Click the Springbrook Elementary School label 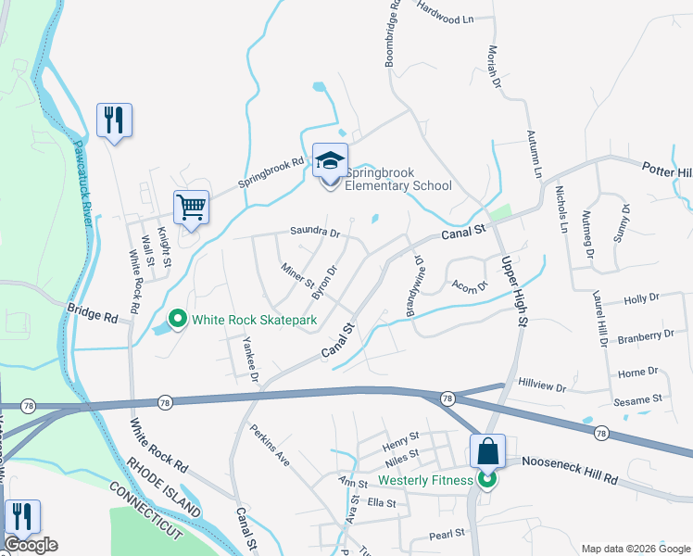(x=397, y=179)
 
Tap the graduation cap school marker (x=330, y=161)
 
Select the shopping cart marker (x=191, y=207)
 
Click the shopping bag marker (x=487, y=451)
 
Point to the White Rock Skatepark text (x=255, y=321)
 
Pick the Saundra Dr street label (x=315, y=232)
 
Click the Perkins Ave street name (x=270, y=445)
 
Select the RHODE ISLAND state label (x=164, y=487)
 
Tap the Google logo (x=31, y=545)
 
